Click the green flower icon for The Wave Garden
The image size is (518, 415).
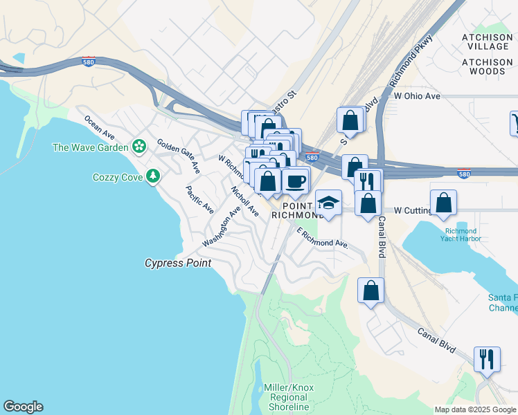(140, 147)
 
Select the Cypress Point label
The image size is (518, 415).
(177, 264)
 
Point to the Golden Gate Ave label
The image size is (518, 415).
(178, 156)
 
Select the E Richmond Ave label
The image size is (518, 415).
(322, 238)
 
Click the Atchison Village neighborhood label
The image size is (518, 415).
(485, 41)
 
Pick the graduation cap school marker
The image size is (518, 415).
(328, 203)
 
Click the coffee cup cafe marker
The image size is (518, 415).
(295, 181)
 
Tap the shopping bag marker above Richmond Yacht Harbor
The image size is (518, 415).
(443, 203)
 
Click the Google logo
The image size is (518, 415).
(23, 407)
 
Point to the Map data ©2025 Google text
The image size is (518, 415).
(475, 409)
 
